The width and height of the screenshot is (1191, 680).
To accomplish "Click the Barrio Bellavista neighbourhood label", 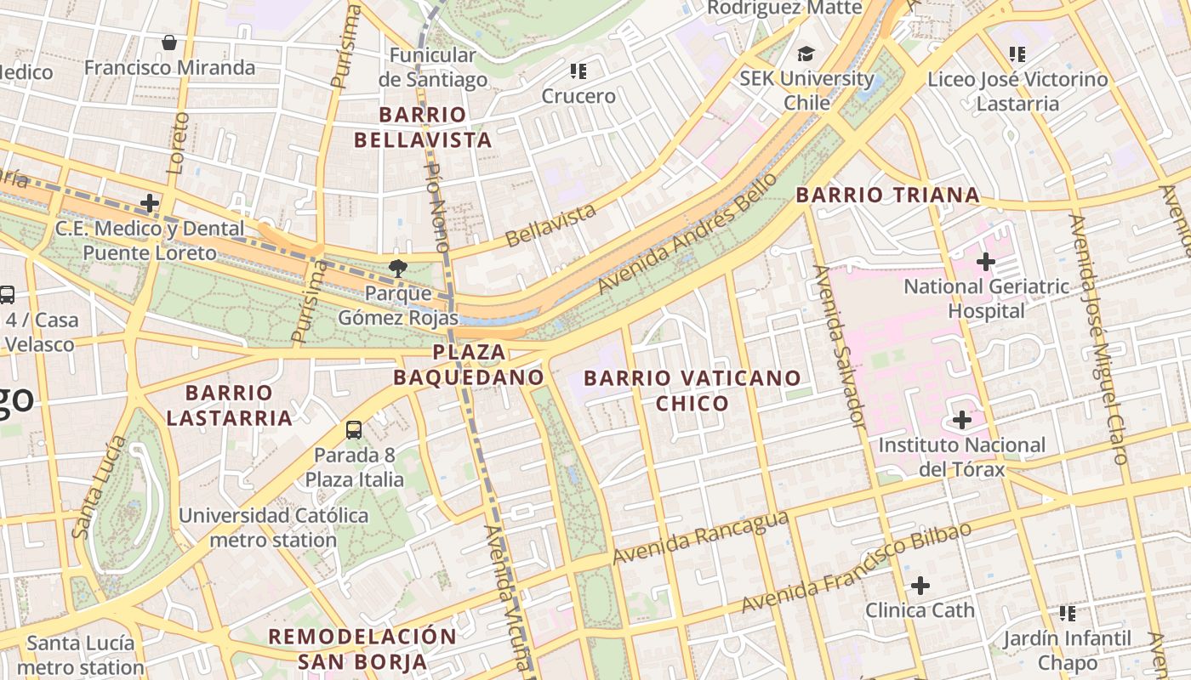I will [x=423, y=127].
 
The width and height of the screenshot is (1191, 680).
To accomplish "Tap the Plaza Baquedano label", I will [x=469, y=364].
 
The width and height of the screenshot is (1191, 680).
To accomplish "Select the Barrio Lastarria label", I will [x=229, y=405].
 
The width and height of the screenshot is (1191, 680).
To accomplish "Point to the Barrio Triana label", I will [x=887, y=195].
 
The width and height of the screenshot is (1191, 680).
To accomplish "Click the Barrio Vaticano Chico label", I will [x=692, y=390].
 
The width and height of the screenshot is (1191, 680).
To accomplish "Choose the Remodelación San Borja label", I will [x=362, y=649].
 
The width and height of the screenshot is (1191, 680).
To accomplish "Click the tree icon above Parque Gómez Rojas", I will [x=397, y=269].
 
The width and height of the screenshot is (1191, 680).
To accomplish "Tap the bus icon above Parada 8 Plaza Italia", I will [x=354, y=430].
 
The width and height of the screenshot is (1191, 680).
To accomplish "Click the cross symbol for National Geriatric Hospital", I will [x=985, y=262].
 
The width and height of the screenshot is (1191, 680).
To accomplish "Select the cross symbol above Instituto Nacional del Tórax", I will [x=961, y=420].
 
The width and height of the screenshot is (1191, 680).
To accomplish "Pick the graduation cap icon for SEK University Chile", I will [x=805, y=54].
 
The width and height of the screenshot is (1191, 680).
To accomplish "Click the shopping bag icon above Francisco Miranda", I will [x=169, y=42].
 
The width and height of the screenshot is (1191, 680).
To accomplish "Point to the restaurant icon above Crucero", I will [x=578, y=71].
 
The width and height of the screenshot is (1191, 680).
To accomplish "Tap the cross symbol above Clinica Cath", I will [x=920, y=586].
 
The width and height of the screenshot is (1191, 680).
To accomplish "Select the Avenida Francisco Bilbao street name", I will [x=856, y=567].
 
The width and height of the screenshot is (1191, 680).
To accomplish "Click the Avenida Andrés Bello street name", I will [x=687, y=233].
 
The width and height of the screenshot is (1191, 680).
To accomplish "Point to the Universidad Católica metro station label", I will [x=273, y=527].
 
